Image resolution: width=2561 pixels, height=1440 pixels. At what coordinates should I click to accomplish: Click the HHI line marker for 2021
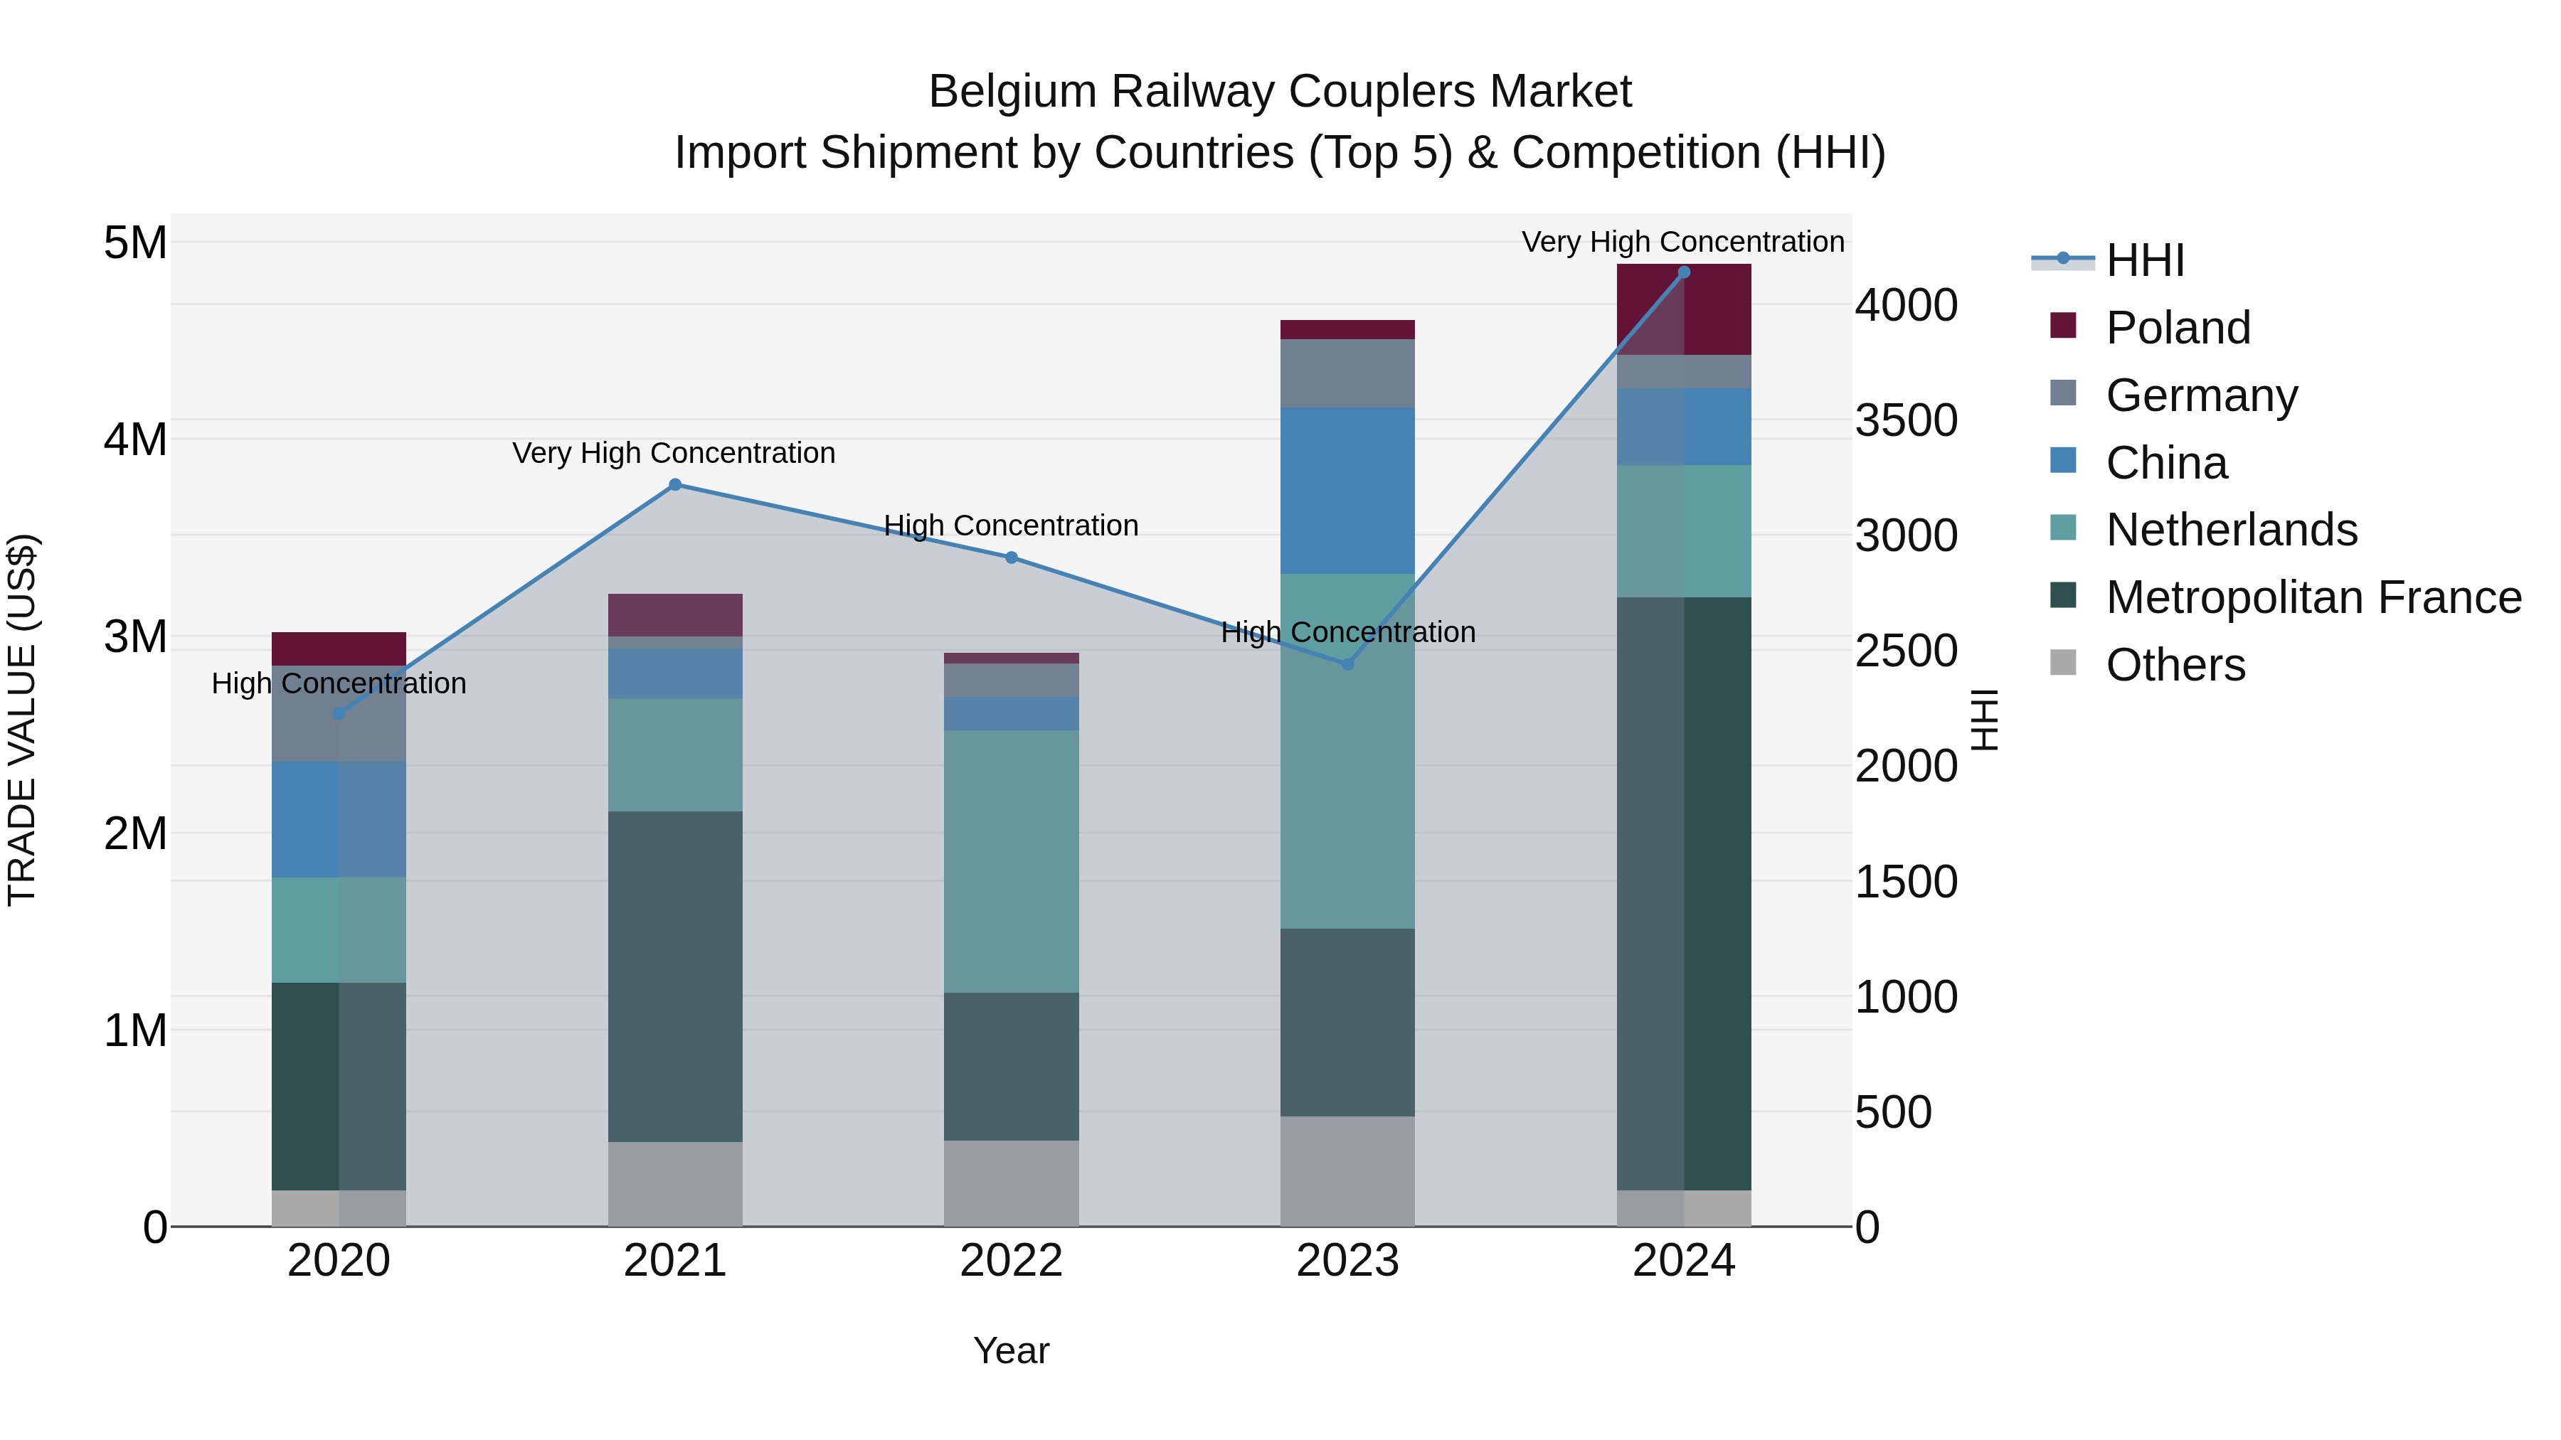pyautogui.click(x=675, y=485)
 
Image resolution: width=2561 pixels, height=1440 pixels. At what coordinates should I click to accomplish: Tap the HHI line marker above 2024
pyautogui.click(x=1684, y=272)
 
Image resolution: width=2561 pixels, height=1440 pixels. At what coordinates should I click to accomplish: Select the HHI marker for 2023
pyautogui.click(x=1348, y=664)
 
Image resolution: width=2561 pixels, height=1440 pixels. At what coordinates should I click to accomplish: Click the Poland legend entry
pyautogui.click(x=2178, y=328)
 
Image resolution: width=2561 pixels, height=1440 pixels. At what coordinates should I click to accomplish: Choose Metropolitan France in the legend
pyautogui.click(x=2313, y=597)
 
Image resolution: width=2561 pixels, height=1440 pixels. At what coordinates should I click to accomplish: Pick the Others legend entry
pyautogui.click(x=2175, y=665)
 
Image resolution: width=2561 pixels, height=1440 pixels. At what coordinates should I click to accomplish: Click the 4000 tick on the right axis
pyautogui.click(x=1906, y=305)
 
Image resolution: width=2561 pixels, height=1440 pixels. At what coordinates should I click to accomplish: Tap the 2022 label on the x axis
pyautogui.click(x=1011, y=1261)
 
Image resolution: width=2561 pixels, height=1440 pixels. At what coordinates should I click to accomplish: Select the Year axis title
pyautogui.click(x=1011, y=1350)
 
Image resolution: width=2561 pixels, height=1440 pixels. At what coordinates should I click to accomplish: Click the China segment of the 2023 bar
pyautogui.click(x=1347, y=490)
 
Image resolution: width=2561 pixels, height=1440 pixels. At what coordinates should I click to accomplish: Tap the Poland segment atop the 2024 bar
pyautogui.click(x=1684, y=309)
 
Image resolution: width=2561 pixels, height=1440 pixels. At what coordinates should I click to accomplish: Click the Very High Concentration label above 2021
pyautogui.click(x=674, y=453)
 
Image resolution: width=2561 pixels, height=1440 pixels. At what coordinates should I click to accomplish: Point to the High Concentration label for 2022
pyautogui.click(x=1011, y=526)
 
